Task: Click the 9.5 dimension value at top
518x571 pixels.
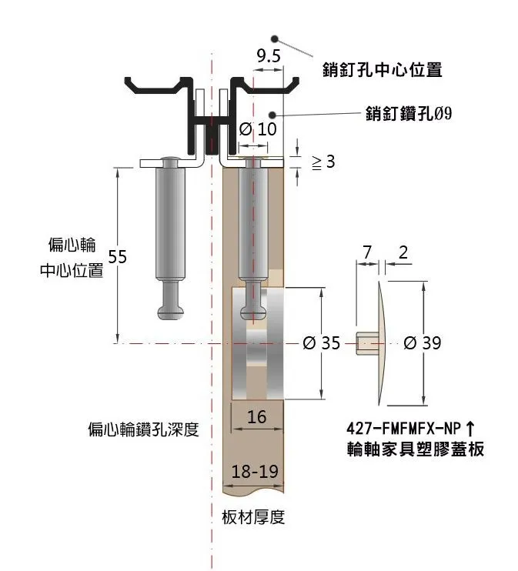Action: point(269,55)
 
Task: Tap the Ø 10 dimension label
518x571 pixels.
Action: point(258,129)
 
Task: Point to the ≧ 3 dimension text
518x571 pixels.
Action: point(322,162)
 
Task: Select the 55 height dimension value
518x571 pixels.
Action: point(117,256)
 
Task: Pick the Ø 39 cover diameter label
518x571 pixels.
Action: point(422,343)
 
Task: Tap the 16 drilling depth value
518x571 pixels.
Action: point(257,417)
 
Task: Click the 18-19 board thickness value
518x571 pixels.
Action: point(254,471)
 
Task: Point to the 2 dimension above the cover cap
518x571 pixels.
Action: point(403,252)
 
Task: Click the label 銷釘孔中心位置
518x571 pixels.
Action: point(383,70)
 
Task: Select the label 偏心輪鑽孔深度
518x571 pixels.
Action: point(143,429)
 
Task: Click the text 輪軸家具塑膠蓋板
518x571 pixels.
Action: point(416,449)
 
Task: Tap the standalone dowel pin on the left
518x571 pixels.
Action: point(171,231)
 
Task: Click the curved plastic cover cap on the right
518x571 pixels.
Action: point(383,342)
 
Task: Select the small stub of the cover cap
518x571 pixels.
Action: point(366,342)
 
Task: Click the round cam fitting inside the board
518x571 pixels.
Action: point(262,342)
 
